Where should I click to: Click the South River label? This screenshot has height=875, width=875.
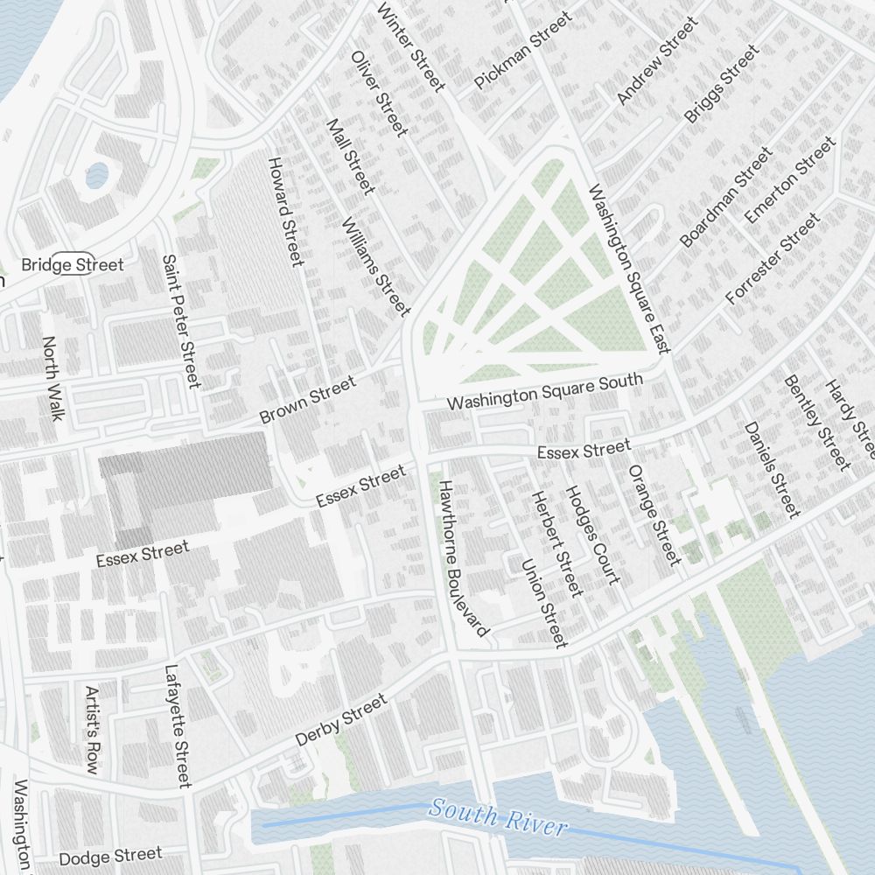(499, 817)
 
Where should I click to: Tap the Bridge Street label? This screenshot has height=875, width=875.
(73, 264)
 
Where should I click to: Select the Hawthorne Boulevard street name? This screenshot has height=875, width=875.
(464, 557)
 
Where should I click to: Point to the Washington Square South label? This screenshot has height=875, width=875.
(544, 391)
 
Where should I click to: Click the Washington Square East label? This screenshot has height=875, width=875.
(628, 268)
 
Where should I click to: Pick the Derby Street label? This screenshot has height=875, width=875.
(340, 721)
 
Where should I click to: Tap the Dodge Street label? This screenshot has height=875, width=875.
(111, 855)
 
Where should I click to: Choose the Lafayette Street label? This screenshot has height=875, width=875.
(178, 726)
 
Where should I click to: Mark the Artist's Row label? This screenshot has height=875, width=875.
(92, 730)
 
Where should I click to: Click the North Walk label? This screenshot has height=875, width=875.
(52, 378)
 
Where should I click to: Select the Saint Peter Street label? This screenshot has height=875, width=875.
(181, 321)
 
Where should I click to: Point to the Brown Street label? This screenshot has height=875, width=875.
(308, 400)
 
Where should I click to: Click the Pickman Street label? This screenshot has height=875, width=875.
(522, 50)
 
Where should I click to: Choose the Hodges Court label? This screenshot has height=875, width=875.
(592, 535)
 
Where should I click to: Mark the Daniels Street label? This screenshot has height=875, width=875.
(772, 469)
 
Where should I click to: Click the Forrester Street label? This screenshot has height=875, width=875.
(773, 258)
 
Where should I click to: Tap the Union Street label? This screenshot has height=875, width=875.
(544, 604)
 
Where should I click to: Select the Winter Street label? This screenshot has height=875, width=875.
(410, 45)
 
